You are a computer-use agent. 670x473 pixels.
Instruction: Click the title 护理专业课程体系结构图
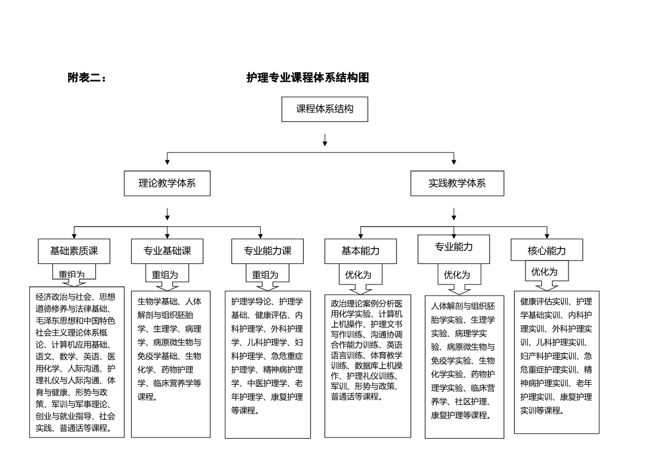(307, 78)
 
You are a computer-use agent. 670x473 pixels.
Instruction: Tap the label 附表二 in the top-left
(87, 78)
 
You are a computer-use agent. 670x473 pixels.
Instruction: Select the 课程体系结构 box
(324, 109)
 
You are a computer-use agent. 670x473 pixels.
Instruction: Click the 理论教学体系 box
(167, 184)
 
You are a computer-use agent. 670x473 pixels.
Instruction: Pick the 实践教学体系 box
(457, 184)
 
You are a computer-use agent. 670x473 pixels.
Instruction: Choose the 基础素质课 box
(74, 251)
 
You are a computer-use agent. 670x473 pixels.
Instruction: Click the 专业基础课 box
(167, 251)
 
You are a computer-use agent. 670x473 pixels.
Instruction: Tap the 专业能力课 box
(268, 251)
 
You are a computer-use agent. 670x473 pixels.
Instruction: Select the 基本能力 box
(361, 251)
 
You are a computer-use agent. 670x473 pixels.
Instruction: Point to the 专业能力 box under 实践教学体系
(453, 247)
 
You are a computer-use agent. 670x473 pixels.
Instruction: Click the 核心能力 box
(547, 251)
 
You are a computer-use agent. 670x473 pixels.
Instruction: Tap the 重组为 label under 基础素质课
(72, 274)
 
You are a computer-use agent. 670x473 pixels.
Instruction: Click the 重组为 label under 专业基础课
(164, 275)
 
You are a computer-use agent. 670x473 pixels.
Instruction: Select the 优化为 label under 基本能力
(358, 275)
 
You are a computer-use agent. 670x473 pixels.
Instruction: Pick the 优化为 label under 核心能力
(544, 271)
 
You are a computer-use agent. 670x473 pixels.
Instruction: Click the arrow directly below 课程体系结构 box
(325, 140)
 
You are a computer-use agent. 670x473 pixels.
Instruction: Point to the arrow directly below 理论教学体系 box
(167, 214)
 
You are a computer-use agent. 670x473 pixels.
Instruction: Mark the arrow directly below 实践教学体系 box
(454, 214)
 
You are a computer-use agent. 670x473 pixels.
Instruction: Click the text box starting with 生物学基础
(170, 364)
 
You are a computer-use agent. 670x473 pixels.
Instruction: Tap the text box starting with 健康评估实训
(556, 362)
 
